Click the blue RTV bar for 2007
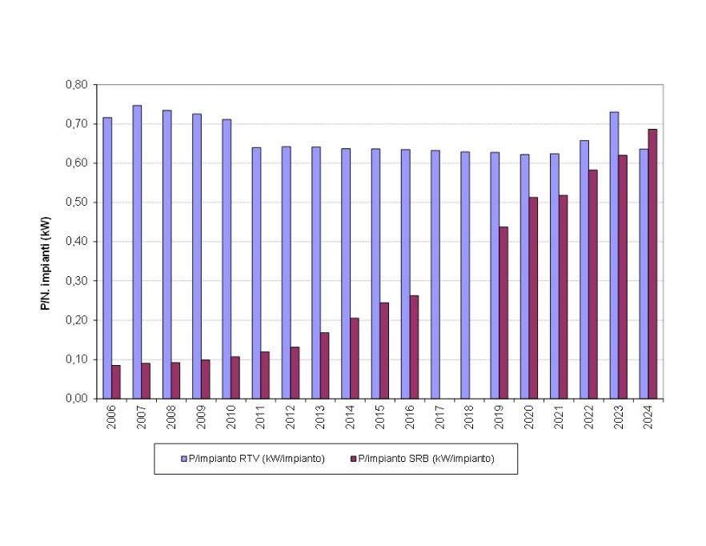tap(137, 251)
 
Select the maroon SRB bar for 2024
tap(652, 263)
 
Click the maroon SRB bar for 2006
tap(116, 382)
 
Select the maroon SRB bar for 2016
tap(414, 347)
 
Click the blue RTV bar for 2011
tap(256, 272)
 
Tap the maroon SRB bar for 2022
tap(593, 284)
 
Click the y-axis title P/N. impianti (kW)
tap(46, 241)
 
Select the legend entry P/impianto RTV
tap(256, 459)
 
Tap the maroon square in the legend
tap(352, 459)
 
